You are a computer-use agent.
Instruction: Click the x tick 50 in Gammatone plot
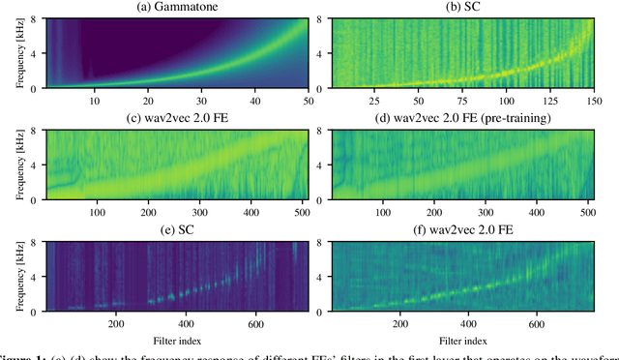(x=309, y=101)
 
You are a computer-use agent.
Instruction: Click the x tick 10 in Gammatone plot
(x=94, y=101)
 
